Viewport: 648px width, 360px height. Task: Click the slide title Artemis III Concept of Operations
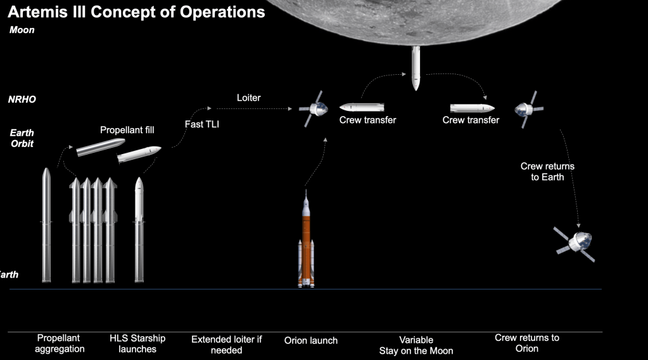point(136,12)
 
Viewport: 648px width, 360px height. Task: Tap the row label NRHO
point(22,100)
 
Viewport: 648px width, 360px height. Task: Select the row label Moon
point(22,30)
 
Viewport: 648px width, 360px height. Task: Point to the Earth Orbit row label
point(22,138)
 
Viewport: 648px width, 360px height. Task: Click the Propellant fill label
point(127,130)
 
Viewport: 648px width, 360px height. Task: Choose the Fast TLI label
point(202,124)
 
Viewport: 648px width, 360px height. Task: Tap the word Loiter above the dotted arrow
point(248,98)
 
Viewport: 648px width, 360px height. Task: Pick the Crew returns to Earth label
point(547,171)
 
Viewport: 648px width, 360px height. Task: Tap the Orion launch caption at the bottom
point(311,340)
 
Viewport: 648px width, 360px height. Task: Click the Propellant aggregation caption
point(60,344)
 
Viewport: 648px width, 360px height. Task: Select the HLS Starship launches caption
point(137,344)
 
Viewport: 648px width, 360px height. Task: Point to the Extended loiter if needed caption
point(226,344)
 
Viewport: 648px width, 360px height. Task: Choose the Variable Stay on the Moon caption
point(416,345)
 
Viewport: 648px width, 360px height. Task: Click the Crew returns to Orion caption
point(527,343)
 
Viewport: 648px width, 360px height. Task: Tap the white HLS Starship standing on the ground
point(139,229)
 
